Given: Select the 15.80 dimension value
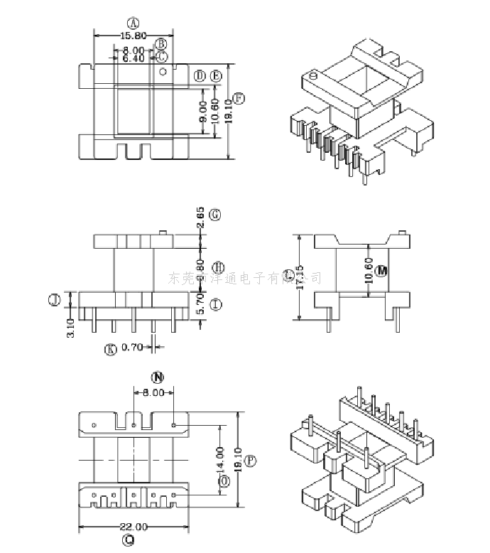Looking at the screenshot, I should coord(132,35).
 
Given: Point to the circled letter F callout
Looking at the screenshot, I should coord(239,98).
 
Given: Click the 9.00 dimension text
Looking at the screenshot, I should coord(204,111).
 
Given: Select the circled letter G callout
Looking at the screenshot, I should coord(216,213).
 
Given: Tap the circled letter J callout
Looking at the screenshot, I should coord(53,301).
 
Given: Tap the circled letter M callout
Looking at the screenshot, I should coord(383,272).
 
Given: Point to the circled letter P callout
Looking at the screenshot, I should coord(250,461).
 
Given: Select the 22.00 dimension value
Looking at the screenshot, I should coord(134,527).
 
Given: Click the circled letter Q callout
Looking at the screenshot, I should coord(129,541).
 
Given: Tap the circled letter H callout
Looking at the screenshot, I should coord(218,267).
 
